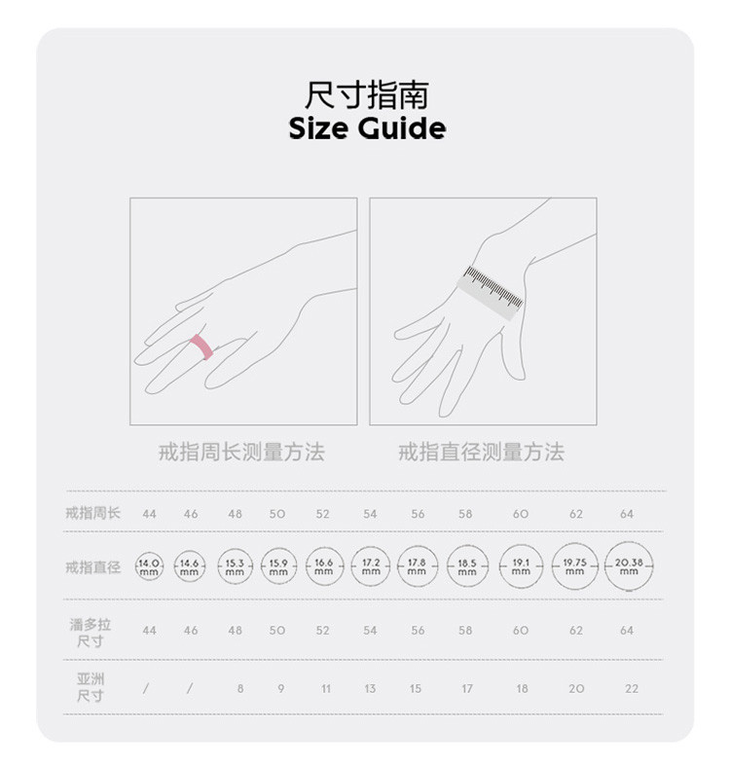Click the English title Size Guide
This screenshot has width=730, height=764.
[x=367, y=128]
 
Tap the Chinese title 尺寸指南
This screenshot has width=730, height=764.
[x=367, y=95]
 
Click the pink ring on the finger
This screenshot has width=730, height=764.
[x=201, y=346]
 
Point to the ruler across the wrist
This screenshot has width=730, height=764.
[x=491, y=293]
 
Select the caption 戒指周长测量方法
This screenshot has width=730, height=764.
[x=241, y=452]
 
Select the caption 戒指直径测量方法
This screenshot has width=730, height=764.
[x=482, y=452]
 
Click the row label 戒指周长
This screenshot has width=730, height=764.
[x=92, y=513]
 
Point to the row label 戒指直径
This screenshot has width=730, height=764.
[x=92, y=566]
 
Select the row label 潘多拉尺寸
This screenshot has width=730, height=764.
[x=91, y=633]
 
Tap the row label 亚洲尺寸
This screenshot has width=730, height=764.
[x=91, y=687]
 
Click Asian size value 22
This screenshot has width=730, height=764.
[x=631, y=688]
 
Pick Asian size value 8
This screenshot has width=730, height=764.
[x=240, y=688]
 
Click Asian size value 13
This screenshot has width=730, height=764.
[x=370, y=688]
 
